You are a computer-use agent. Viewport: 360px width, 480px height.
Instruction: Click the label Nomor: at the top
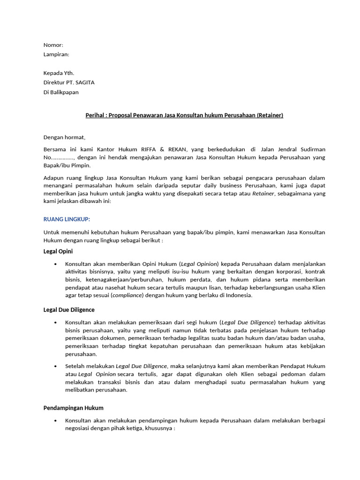[x=53, y=45]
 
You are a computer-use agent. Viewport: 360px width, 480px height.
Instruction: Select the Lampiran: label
[x=56, y=54]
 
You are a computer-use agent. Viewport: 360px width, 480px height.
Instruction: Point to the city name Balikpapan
[x=65, y=92]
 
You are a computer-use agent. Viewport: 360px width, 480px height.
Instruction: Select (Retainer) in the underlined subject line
[x=270, y=115]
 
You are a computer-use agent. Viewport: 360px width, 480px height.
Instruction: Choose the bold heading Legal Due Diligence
[x=69, y=310]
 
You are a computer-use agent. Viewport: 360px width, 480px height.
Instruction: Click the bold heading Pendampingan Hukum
[x=74, y=408]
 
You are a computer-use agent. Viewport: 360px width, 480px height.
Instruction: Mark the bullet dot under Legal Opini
[x=56, y=264]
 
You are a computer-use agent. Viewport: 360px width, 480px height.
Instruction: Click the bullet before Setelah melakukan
[x=56, y=366]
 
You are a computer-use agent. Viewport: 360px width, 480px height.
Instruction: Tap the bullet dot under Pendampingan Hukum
[x=56, y=420]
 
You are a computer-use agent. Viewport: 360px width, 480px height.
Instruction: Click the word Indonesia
[x=237, y=295]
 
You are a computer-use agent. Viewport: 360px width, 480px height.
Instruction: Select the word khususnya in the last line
[x=159, y=428]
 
